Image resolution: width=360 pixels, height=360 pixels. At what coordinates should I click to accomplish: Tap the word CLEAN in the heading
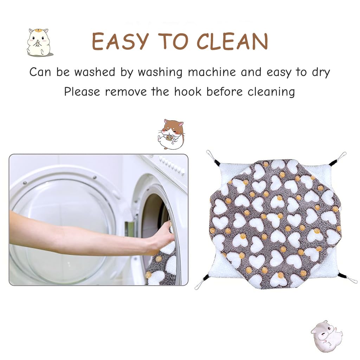[x=232, y=41]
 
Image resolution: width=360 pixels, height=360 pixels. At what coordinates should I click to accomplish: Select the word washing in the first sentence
[x=160, y=72]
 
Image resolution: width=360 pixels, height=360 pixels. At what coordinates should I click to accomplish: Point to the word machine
[x=212, y=72]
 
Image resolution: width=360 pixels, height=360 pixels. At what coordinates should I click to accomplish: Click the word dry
[x=321, y=72]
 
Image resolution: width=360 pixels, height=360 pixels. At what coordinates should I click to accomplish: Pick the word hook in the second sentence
[x=188, y=92]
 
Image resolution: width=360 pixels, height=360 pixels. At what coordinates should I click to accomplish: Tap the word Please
[x=82, y=92]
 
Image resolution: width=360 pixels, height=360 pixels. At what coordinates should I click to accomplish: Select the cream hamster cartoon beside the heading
[x=39, y=42]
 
